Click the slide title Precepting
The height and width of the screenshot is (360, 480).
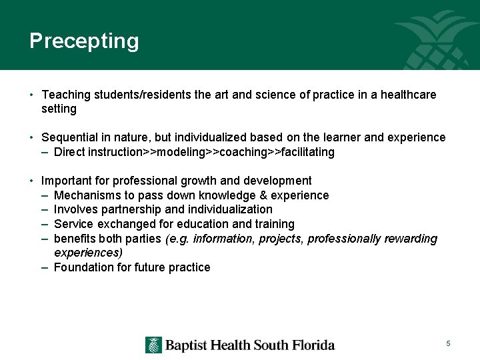click(84, 41)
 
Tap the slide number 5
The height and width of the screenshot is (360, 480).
click(449, 343)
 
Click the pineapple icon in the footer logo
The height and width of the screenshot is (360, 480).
click(154, 345)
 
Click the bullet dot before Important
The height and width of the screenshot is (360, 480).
click(32, 181)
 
